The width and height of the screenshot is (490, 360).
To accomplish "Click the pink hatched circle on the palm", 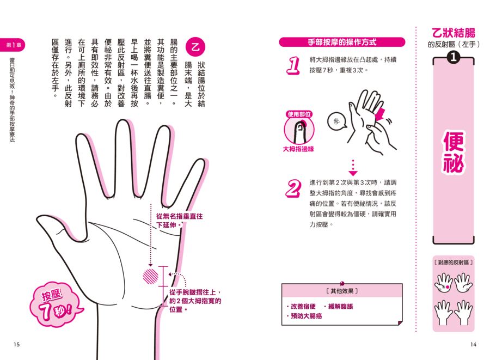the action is [x=151, y=276].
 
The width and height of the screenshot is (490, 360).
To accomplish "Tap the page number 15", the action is [x=16, y=344].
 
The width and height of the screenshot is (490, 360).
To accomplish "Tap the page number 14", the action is [x=473, y=344].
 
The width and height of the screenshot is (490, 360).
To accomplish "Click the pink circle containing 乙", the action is [x=195, y=47].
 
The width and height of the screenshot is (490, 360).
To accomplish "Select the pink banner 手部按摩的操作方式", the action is [x=342, y=42].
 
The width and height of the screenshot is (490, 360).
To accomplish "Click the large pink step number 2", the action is [x=293, y=188].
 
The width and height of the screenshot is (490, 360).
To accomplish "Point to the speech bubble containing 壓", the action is [x=336, y=121].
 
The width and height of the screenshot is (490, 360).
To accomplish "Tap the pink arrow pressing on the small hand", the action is [x=380, y=114].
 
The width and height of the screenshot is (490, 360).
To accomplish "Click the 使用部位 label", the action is [x=299, y=114].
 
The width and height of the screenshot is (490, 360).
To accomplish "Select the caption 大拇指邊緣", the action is [x=298, y=149].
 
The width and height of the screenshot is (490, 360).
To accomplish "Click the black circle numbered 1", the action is [x=454, y=57].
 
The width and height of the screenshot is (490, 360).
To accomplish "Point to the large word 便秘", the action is [x=454, y=152].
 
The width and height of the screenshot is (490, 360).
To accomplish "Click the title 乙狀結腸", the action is [x=454, y=33].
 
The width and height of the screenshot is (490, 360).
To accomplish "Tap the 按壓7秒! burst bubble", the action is [x=56, y=304].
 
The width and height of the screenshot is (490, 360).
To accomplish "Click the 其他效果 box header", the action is [x=342, y=291].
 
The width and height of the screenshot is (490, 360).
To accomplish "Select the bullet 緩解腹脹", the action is [x=339, y=307].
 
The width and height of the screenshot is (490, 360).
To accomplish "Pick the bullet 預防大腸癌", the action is [x=304, y=316].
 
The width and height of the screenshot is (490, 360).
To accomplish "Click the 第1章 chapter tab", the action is [x=13, y=45].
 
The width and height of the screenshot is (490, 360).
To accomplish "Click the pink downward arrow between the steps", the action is [x=353, y=168].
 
